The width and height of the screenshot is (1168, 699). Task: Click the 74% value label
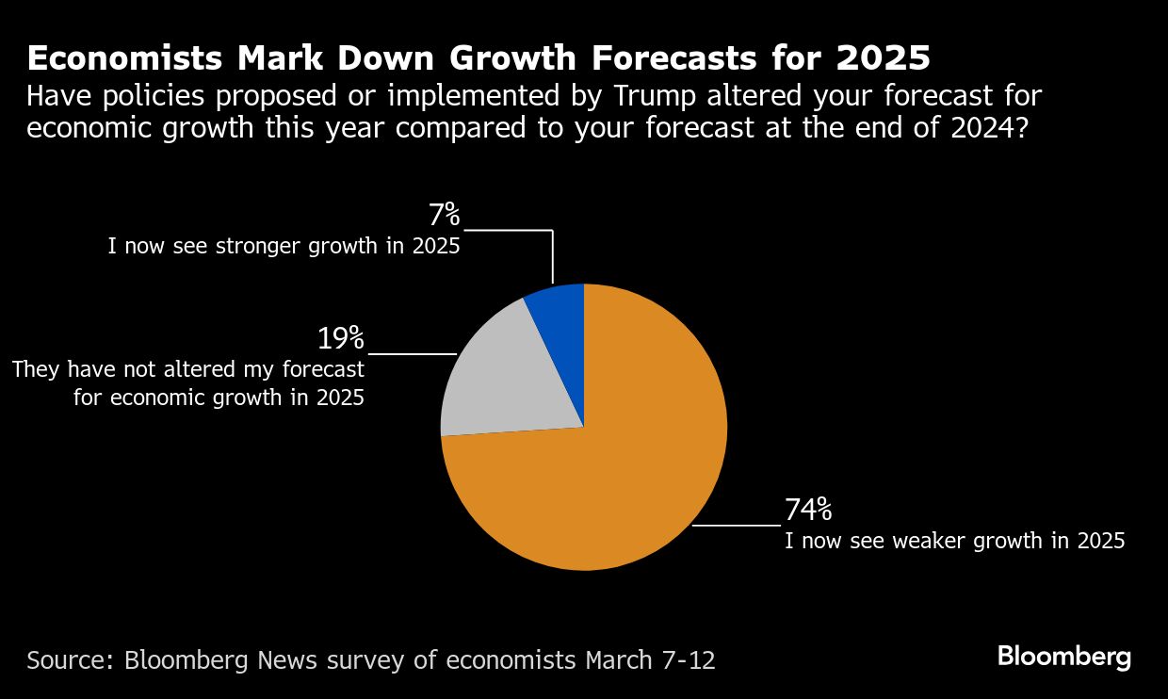[x=808, y=511]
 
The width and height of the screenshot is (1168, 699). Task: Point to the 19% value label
[x=340, y=339]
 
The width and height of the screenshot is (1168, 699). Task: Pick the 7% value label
[x=444, y=216]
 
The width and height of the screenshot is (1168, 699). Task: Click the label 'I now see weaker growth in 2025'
[x=955, y=542]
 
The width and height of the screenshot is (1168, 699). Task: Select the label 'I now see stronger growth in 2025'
[x=283, y=248]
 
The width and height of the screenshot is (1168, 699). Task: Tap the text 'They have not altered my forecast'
[x=188, y=369]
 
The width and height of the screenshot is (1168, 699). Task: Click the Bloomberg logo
[x=1064, y=657]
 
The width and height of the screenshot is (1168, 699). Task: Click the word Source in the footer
[x=68, y=659]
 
